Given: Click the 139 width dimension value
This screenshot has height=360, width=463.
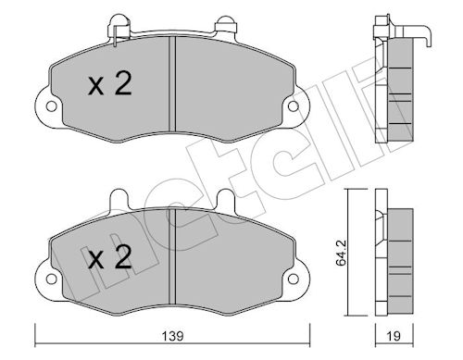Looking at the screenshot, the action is coord(173,336).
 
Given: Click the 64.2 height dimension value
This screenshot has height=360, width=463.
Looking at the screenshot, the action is coord(341,253).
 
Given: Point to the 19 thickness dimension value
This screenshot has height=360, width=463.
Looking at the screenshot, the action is coord(394,336).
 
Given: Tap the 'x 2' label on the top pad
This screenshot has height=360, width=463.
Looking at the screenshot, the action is coord(110,83).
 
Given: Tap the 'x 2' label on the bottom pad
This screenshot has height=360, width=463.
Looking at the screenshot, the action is coord(110,256).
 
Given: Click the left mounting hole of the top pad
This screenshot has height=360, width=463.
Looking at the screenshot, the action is coord(51,106).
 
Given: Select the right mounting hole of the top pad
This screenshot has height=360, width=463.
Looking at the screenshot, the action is coord(293,106).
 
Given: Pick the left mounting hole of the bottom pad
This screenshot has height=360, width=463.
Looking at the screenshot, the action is coord(51,279).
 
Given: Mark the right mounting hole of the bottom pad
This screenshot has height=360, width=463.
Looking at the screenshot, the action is coord(293,279).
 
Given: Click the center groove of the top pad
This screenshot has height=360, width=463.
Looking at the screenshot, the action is coord(172,84).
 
